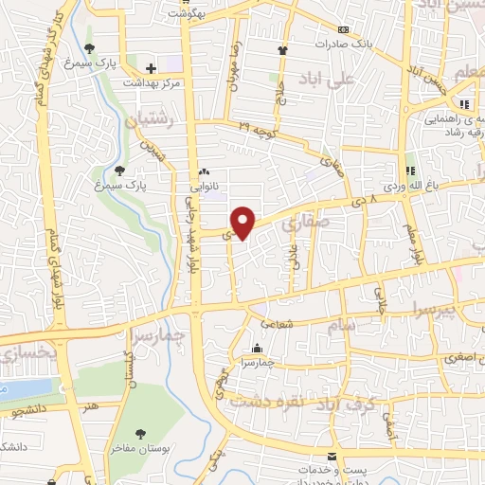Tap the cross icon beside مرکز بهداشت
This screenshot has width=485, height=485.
point(152,67)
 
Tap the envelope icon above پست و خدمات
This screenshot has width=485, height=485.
point(332,455)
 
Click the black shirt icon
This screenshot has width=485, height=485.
point(282,50)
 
